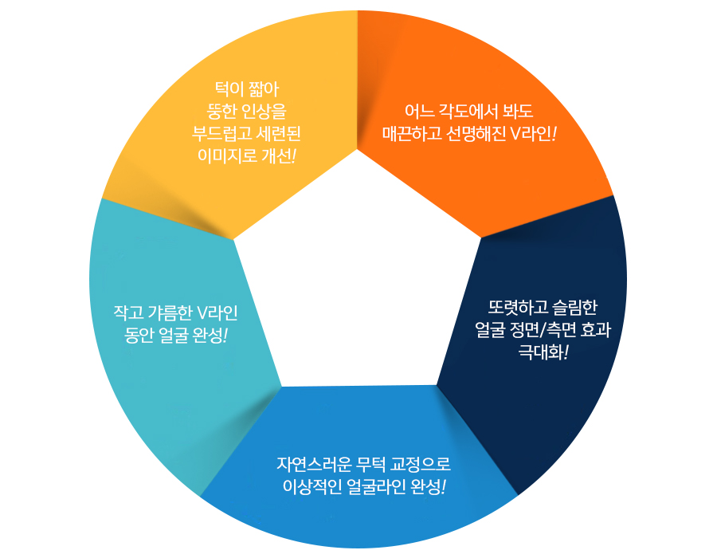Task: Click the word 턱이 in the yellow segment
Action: coord(229,89)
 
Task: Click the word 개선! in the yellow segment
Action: coord(279,156)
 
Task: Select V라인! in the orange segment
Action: coord(533,134)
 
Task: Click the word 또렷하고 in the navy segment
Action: coord(518,308)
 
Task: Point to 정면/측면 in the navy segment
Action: coord(542,330)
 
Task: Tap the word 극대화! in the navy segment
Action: coord(543,352)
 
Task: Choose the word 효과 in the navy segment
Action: coord(595,330)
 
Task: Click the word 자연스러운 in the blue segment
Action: coord(314,464)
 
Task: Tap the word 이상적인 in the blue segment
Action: coord(312,486)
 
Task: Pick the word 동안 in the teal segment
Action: coord(139,336)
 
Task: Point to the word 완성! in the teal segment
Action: coord(210,336)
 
